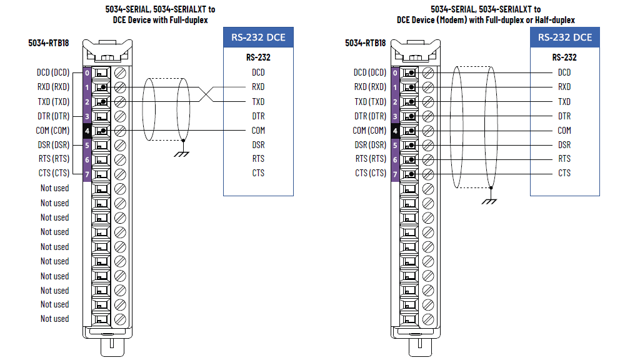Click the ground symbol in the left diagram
pos(181,154)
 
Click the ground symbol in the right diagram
pos(489,201)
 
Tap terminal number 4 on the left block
pos(87,131)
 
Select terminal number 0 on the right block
pos(395,73)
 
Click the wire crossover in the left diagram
pos(206,94)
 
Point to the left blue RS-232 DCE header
pos(258,37)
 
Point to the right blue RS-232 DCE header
pos(565,37)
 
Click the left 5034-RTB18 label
pos(49,43)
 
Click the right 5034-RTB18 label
pos(366,43)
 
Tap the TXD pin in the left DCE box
pos(258,102)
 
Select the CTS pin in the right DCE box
pos(564,173)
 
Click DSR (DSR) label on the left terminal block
pos(54,145)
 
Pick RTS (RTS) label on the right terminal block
pos(371,159)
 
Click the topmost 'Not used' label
pos(54,188)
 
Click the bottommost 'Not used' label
pos(54,319)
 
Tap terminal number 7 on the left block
pos(87,174)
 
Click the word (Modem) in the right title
pos(452,20)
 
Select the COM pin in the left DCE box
pos(258,131)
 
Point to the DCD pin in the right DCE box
pos(564,72)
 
